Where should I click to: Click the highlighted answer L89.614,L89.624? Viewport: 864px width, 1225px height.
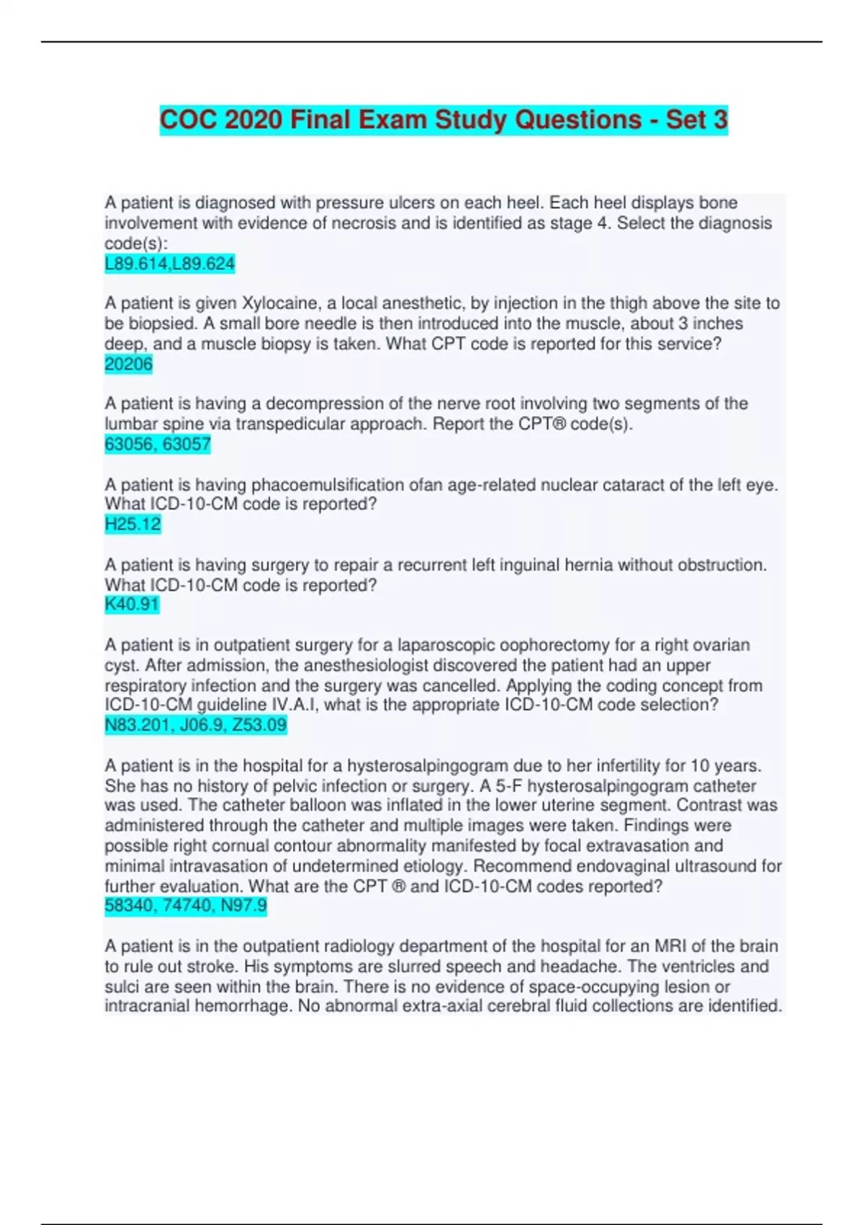coord(170,264)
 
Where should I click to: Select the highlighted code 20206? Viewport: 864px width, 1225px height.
coord(129,364)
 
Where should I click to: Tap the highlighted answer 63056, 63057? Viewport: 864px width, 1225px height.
coord(158,444)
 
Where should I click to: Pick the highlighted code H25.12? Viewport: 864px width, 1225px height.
coord(133,524)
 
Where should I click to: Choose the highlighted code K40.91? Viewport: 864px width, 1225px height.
coord(132,604)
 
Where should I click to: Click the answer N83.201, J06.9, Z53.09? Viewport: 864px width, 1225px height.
coord(196,724)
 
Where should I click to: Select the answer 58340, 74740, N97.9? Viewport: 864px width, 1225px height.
coord(186,905)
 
